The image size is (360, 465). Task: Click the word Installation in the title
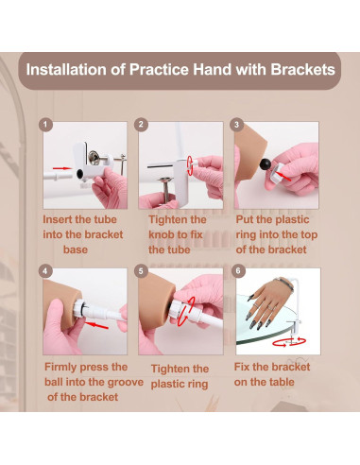pos(66,70)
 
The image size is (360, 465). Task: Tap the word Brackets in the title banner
pos(302,70)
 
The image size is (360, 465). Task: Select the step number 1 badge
pos(45,125)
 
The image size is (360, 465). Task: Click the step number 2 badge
pos(141,125)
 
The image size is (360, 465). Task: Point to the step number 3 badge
pos(237,125)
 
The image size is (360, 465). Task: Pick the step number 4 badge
pos(45,271)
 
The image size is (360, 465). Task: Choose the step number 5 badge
pos(141,271)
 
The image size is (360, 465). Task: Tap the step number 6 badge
pos(238,271)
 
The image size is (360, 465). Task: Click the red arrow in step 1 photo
pos(62,168)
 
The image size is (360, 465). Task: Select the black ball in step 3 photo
pos(266,164)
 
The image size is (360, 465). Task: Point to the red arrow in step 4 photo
pos(96,325)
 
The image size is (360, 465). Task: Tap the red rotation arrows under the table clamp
pos(289,342)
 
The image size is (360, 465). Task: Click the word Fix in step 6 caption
pos(241,367)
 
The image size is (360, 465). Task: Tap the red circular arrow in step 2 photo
pos(190,164)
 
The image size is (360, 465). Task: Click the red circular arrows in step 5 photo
pos(185,312)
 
